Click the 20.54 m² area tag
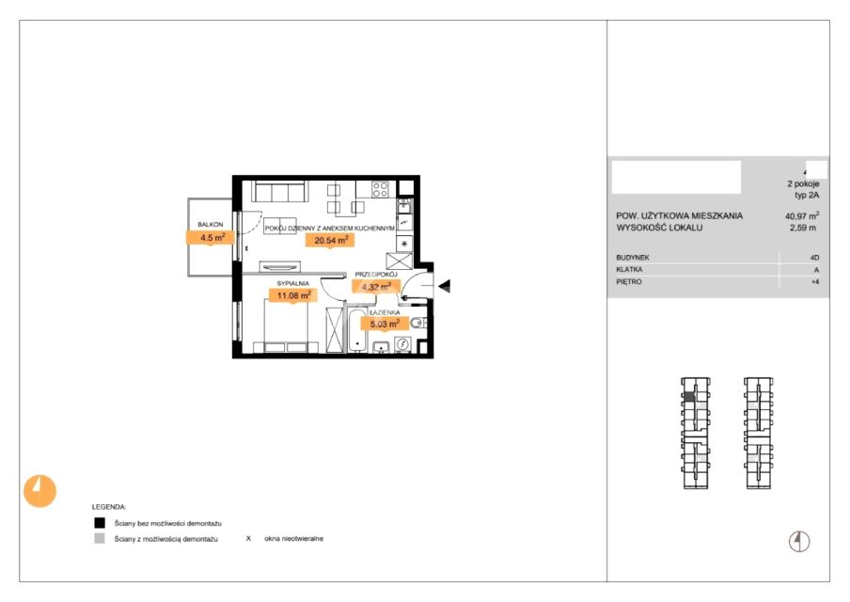click(x=330, y=240)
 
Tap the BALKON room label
click(x=211, y=224)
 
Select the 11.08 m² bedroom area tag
click(x=293, y=295)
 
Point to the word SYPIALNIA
click(x=292, y=283)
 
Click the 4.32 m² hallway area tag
click(x=376, y=286)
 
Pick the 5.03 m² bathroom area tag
click(x=385, y=325)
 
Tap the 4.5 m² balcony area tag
click(x=211, y=238)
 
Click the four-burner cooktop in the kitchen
click(x=380, y=189)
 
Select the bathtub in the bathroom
click(x=357, y=330)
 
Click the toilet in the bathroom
click(x=417, y=324)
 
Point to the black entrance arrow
click(x=445, y=286)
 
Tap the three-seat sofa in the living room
click(x=280, y=192)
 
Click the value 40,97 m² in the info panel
click(x=802, y=215)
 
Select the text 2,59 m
click(x=803, y=228)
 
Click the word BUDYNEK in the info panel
click(x=632, y=258)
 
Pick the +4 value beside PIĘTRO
click(x=815, y=282)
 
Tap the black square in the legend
click(x=100, y=523)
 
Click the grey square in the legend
click(x=100, y=539)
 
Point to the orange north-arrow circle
click(x=39, y=491)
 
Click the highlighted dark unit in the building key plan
click(x=688, y=397)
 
